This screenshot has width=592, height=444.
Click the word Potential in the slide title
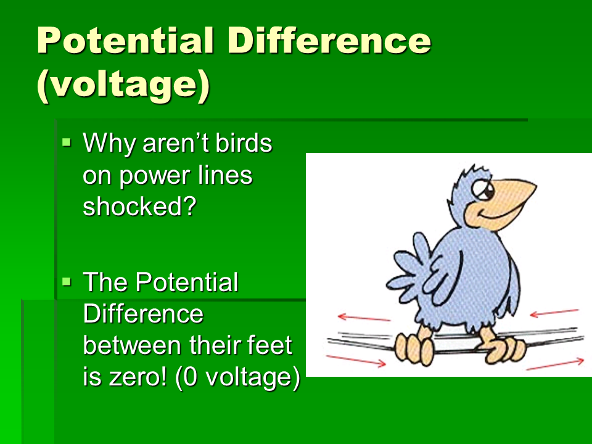pos(125,41)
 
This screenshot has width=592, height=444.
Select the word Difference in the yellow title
pos(329,41)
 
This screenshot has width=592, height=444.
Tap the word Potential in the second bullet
pos(187,282)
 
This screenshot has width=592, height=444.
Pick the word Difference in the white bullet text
pos(143,314)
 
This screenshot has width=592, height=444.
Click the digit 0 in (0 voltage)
pos(191,377)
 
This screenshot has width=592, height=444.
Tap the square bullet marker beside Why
pos(67,142)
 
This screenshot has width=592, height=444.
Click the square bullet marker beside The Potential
pos(67,281)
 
